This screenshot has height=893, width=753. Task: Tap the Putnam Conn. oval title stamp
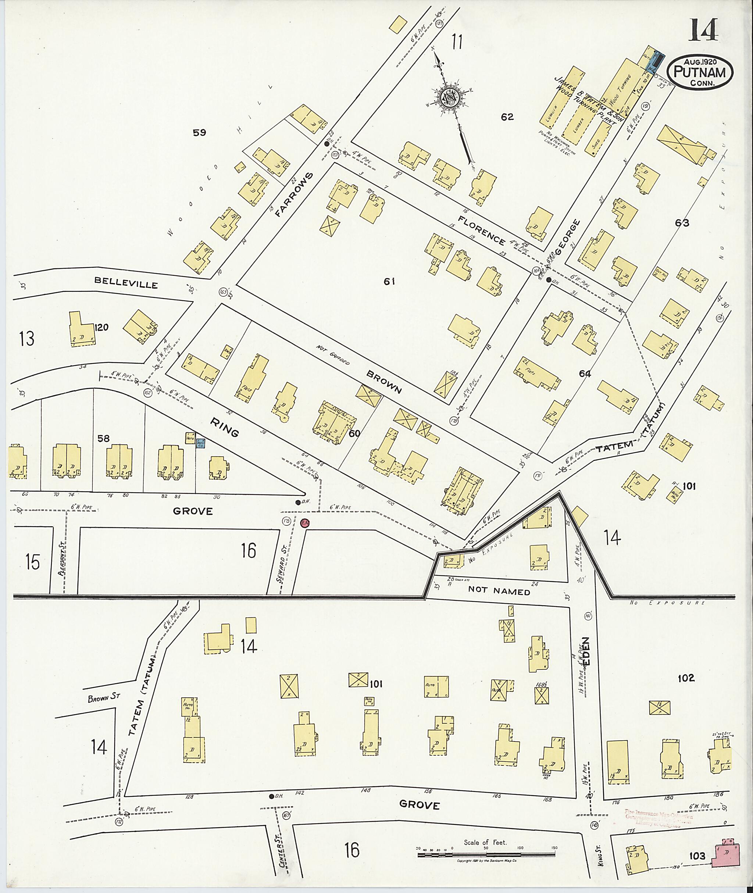point(700,72)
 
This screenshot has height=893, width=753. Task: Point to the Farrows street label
point(294,194)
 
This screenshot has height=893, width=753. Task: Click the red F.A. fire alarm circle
point(305,523)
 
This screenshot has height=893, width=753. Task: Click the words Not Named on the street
point(499,592)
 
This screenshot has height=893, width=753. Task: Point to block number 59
point(199,133)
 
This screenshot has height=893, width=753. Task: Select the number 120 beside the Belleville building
point(101,328)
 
